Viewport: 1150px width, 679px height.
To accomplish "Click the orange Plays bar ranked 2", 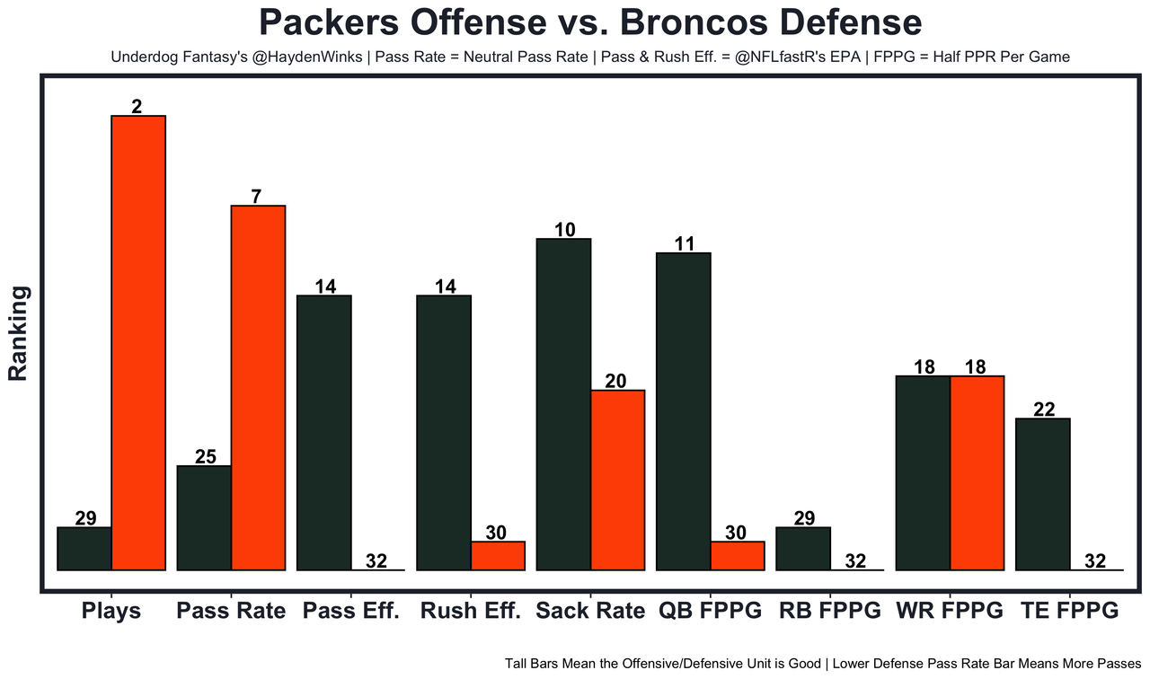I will (x=138, y=342).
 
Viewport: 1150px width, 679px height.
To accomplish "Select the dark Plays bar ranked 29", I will (x=84, y=548).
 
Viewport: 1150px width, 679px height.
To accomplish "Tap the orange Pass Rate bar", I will (x=258, y=387).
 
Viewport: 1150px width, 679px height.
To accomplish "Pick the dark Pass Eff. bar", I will (x=324, y=432).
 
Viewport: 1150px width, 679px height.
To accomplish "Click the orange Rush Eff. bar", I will (x=498, y=555).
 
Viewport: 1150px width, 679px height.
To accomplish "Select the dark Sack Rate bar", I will (x=563, y=403).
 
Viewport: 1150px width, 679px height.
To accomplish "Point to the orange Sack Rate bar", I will (x=617, y=480).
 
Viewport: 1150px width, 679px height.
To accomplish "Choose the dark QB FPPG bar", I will (x=684, y=410).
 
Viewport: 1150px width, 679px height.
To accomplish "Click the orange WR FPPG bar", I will (x=977, y=472).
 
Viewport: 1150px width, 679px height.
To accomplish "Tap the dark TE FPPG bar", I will (x=1043, y=493).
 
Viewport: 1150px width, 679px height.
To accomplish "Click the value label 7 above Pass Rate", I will (x=257, y=197).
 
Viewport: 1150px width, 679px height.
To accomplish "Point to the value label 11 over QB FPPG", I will (x=685, y=243).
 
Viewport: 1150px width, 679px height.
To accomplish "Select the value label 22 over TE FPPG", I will (x=1043, y=410).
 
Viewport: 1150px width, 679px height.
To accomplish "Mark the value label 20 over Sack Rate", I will (x=616, y=381).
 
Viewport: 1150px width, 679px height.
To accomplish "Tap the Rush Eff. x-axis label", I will (x=470, y=612).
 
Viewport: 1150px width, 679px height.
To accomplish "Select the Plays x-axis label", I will (x=111, y=612).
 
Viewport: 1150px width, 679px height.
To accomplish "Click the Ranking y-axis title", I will (x=19, y=333).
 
